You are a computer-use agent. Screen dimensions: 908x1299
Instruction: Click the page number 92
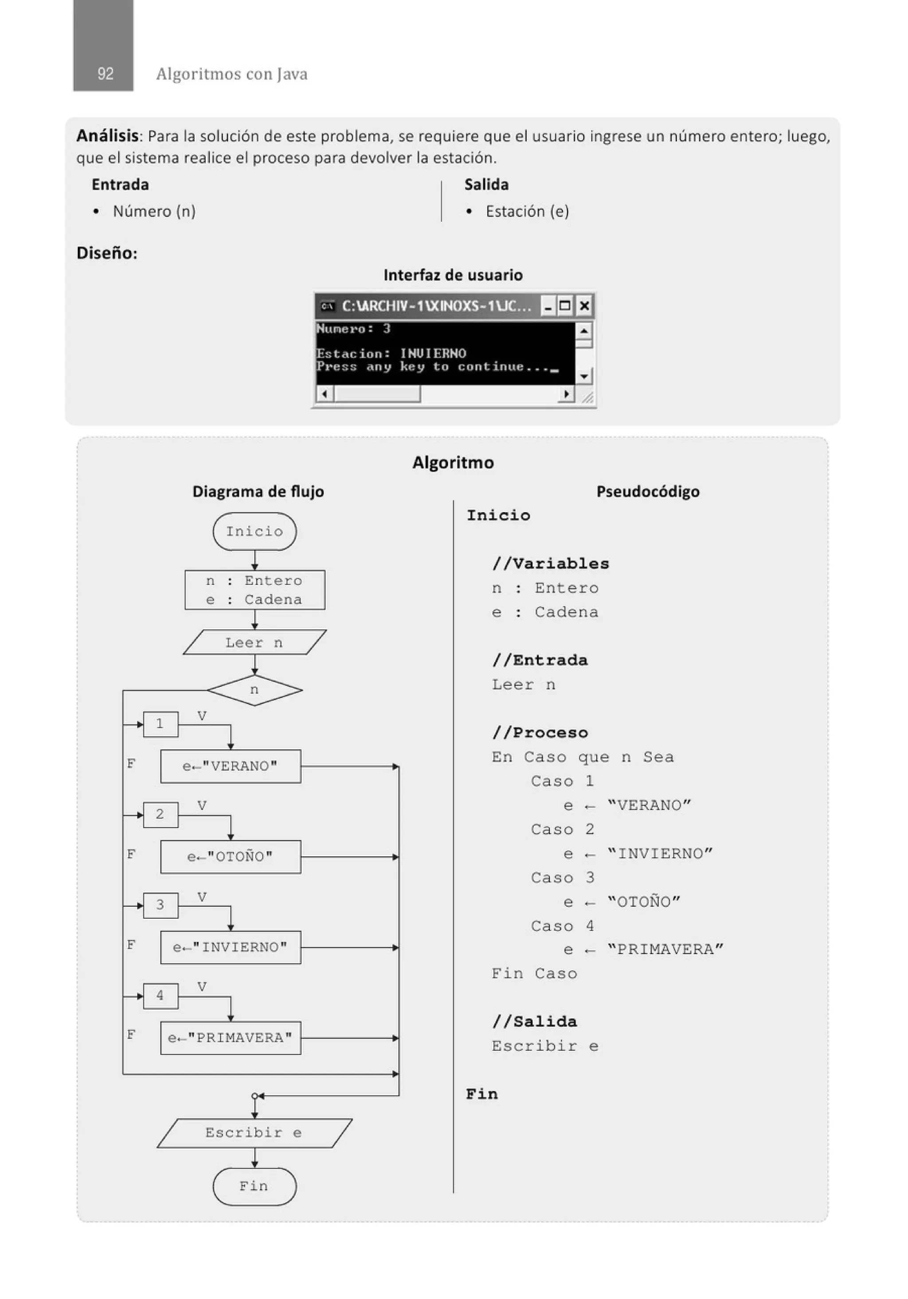105,74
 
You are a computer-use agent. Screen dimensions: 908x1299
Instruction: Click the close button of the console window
584,306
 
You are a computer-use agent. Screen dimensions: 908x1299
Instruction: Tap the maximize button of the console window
565,306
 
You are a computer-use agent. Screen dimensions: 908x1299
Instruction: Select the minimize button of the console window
548,306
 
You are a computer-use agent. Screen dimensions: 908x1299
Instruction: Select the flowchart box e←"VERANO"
231,766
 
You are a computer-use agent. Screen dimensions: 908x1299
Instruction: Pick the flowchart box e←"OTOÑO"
231,857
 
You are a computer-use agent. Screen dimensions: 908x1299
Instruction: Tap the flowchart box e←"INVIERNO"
231,947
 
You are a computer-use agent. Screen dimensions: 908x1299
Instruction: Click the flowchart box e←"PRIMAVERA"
231,1038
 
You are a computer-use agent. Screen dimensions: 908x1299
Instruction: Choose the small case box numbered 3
160,905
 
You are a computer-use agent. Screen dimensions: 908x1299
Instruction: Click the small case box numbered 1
160,724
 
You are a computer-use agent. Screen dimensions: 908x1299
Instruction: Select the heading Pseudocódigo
648,491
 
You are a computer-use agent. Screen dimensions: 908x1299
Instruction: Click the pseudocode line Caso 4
562,925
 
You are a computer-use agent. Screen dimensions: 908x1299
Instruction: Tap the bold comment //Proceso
540,733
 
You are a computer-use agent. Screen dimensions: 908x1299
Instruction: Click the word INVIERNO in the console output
433,354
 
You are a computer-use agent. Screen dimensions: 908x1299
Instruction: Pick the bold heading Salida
486,184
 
